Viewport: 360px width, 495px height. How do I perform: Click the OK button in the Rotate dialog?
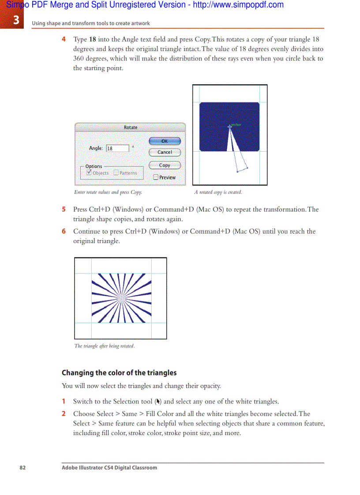tap(165, 141)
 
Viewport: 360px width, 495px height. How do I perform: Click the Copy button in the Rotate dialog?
tap(165, 165)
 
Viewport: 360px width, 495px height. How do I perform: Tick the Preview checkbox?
tap(156, 177)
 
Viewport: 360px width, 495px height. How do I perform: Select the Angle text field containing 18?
tap(117, 149)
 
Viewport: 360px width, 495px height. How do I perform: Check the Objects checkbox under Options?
tap(89, 173)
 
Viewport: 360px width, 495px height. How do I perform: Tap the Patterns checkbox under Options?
tap(116, 173)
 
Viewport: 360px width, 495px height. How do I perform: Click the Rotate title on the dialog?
tap(131, 127)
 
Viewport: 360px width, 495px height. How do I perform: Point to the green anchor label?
tap(236, 125)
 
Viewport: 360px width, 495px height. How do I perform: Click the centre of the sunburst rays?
tap(121, 298)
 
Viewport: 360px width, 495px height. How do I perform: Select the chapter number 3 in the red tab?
tap(16, 20)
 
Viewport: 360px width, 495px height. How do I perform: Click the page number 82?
tap(22, 468)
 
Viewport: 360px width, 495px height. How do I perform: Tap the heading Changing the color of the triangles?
tap(119, 373)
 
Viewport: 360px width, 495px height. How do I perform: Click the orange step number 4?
tap(64, 39)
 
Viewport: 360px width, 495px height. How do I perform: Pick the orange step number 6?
tap(64, 231)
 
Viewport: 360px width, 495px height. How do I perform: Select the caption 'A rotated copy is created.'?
tap(218, 192)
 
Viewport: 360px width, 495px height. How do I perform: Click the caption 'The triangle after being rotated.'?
tap(105, 346)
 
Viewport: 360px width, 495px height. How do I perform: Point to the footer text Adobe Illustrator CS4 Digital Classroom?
tap(109, 468)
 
